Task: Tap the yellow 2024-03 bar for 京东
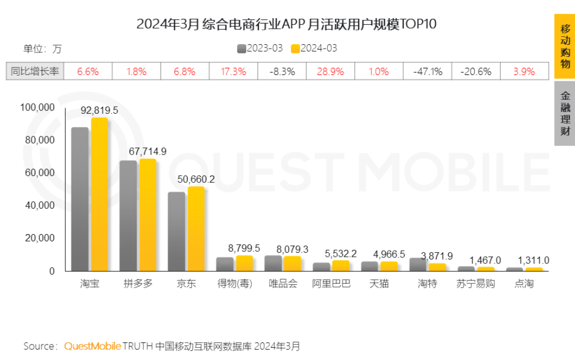[x=196, y=229]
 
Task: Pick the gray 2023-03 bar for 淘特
[x=418, y=264]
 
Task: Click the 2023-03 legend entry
[x=260, y=49]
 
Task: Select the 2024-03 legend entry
[x=314, y=49]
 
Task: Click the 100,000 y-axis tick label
[x=38, y=107]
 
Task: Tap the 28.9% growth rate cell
[x=330, y=72]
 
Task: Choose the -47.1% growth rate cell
[x=427, y=72]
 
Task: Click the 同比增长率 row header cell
[x=35, y=72]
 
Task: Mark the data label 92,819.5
[x=99, y=110]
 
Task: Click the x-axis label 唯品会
[x=283, y=284]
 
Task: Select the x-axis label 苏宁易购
[x=476, y=284]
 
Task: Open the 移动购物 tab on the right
[x=565, y=46]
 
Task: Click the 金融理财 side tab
[x=565, y=113]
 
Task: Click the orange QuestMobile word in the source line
[x=92, y=347]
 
